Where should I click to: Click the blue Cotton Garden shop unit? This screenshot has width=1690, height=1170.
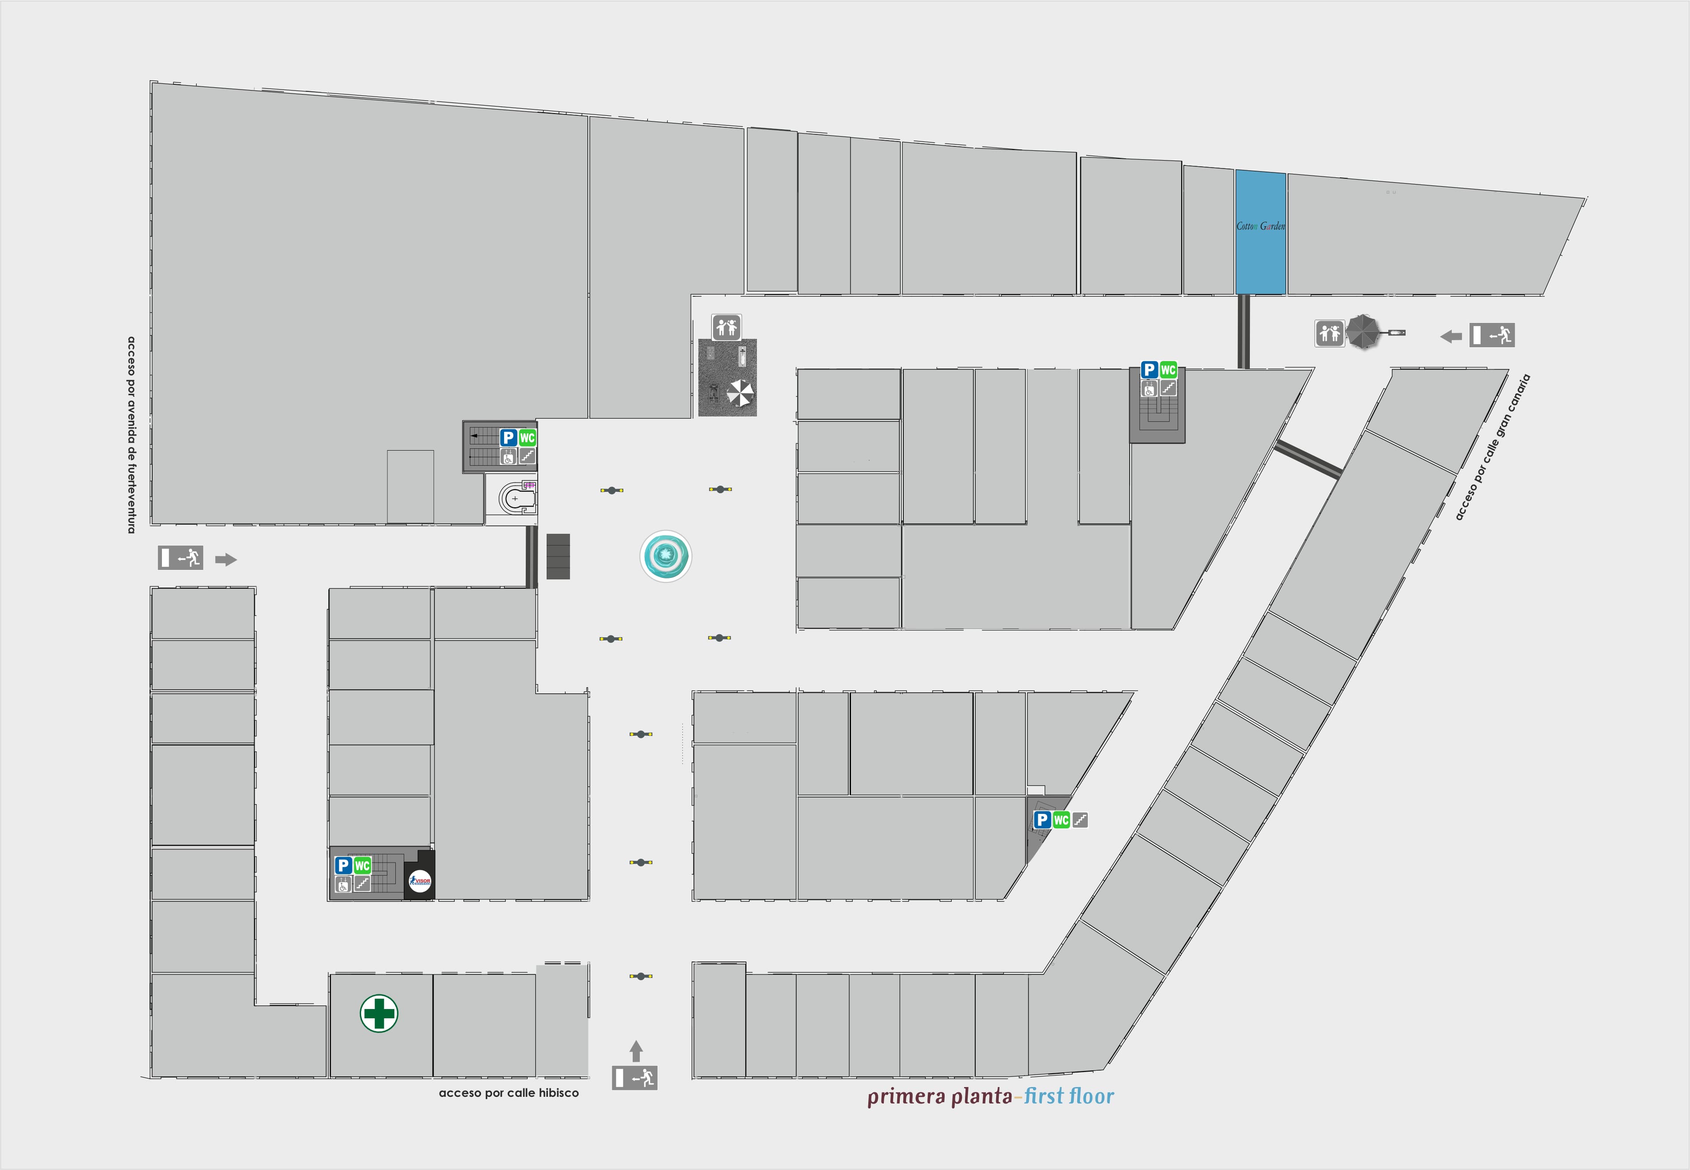coord(1261,232)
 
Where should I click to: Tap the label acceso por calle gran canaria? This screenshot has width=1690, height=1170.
coord(1493,447)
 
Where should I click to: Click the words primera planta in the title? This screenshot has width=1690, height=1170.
coord(939,1097)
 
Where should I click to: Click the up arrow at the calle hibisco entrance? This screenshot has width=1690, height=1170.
coord(636,1051)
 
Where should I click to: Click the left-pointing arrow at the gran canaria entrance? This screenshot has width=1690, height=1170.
coord(1451,337)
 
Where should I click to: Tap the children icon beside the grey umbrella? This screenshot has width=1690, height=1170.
coord(1329,334)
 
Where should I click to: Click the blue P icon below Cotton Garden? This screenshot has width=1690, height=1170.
coord(1149,370)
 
